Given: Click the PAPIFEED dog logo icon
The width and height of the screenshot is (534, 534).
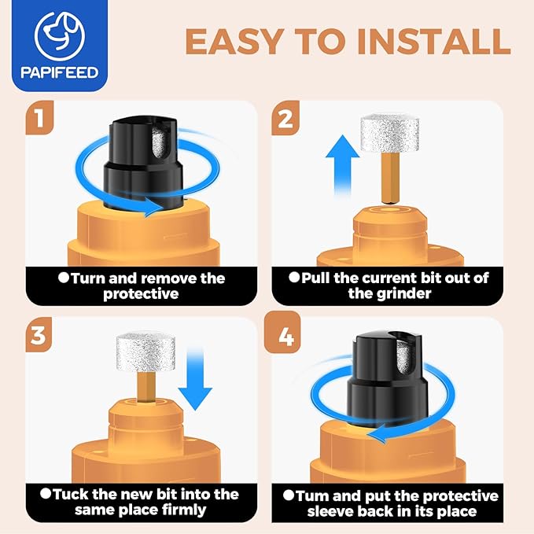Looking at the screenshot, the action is [x=60, y=36].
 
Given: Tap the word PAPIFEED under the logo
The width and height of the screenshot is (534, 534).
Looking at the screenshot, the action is [x=60, y=72].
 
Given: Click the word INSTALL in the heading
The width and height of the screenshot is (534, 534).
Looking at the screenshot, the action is [x=433, y=42].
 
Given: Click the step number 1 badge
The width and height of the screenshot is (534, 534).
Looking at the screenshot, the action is [x=39, y=117].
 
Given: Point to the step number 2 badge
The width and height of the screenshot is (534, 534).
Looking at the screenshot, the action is [x=285, y=118].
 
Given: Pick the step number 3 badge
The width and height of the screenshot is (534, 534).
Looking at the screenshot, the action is [x=39, y=334].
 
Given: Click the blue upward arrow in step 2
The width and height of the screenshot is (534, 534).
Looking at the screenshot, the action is [x=342, y=165].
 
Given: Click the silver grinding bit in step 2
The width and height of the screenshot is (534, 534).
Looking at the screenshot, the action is [x=389, y=133].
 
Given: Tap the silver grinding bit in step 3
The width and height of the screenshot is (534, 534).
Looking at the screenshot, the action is [x=145, y=352].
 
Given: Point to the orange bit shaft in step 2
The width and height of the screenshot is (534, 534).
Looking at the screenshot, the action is [x=390, y=178].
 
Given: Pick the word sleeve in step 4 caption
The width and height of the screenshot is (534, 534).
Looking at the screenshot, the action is [x=328, y=511].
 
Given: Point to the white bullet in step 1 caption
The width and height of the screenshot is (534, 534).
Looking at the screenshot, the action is [x=64, y=278].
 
